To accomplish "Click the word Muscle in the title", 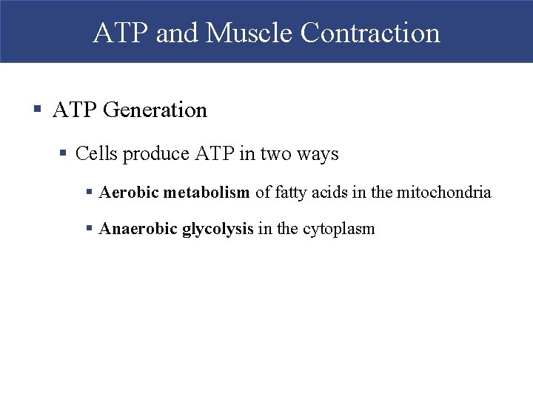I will point(250,33).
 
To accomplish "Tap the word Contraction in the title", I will point(371,33).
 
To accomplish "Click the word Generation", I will point(155,110).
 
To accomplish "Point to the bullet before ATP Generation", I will point(37,110).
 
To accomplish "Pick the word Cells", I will point(96,154).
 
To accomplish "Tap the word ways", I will point(318,154).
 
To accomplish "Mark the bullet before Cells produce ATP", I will point(64,154).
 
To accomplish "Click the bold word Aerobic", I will point(129,193).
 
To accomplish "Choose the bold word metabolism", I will point(207,193).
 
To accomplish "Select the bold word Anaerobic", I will point(138,229).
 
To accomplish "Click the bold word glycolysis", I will point(219,229).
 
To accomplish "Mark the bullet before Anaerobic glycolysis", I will point(89,229).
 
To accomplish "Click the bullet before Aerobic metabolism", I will point(89,193).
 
